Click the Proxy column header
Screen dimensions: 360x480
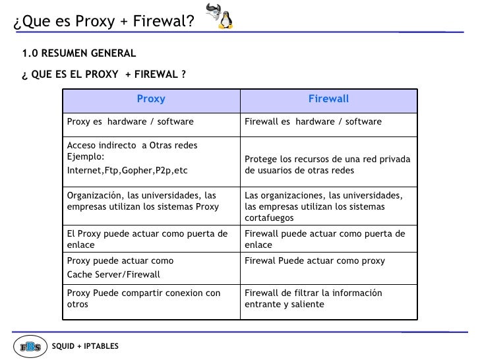[x=151, y=100]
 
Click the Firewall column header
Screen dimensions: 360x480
[x=328, y=100]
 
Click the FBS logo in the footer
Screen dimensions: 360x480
[x=30, y=345]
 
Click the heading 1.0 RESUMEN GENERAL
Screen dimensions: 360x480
[x=79, y=53]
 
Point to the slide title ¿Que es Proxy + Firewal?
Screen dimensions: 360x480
[x=104, y=23]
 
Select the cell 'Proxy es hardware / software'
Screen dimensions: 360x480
[x=129, y=121]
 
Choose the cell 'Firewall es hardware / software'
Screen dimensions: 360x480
[x=313, y=121]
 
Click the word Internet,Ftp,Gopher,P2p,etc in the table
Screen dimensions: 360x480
[x=127, y=171]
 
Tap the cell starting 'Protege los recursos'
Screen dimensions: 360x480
[x=328, y=165]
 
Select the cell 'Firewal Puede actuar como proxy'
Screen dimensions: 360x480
[x=315, y=260]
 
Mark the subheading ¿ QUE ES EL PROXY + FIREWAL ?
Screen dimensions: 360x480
[x=104, y=75]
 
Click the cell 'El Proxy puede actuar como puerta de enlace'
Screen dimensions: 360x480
[x=148, y=239]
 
